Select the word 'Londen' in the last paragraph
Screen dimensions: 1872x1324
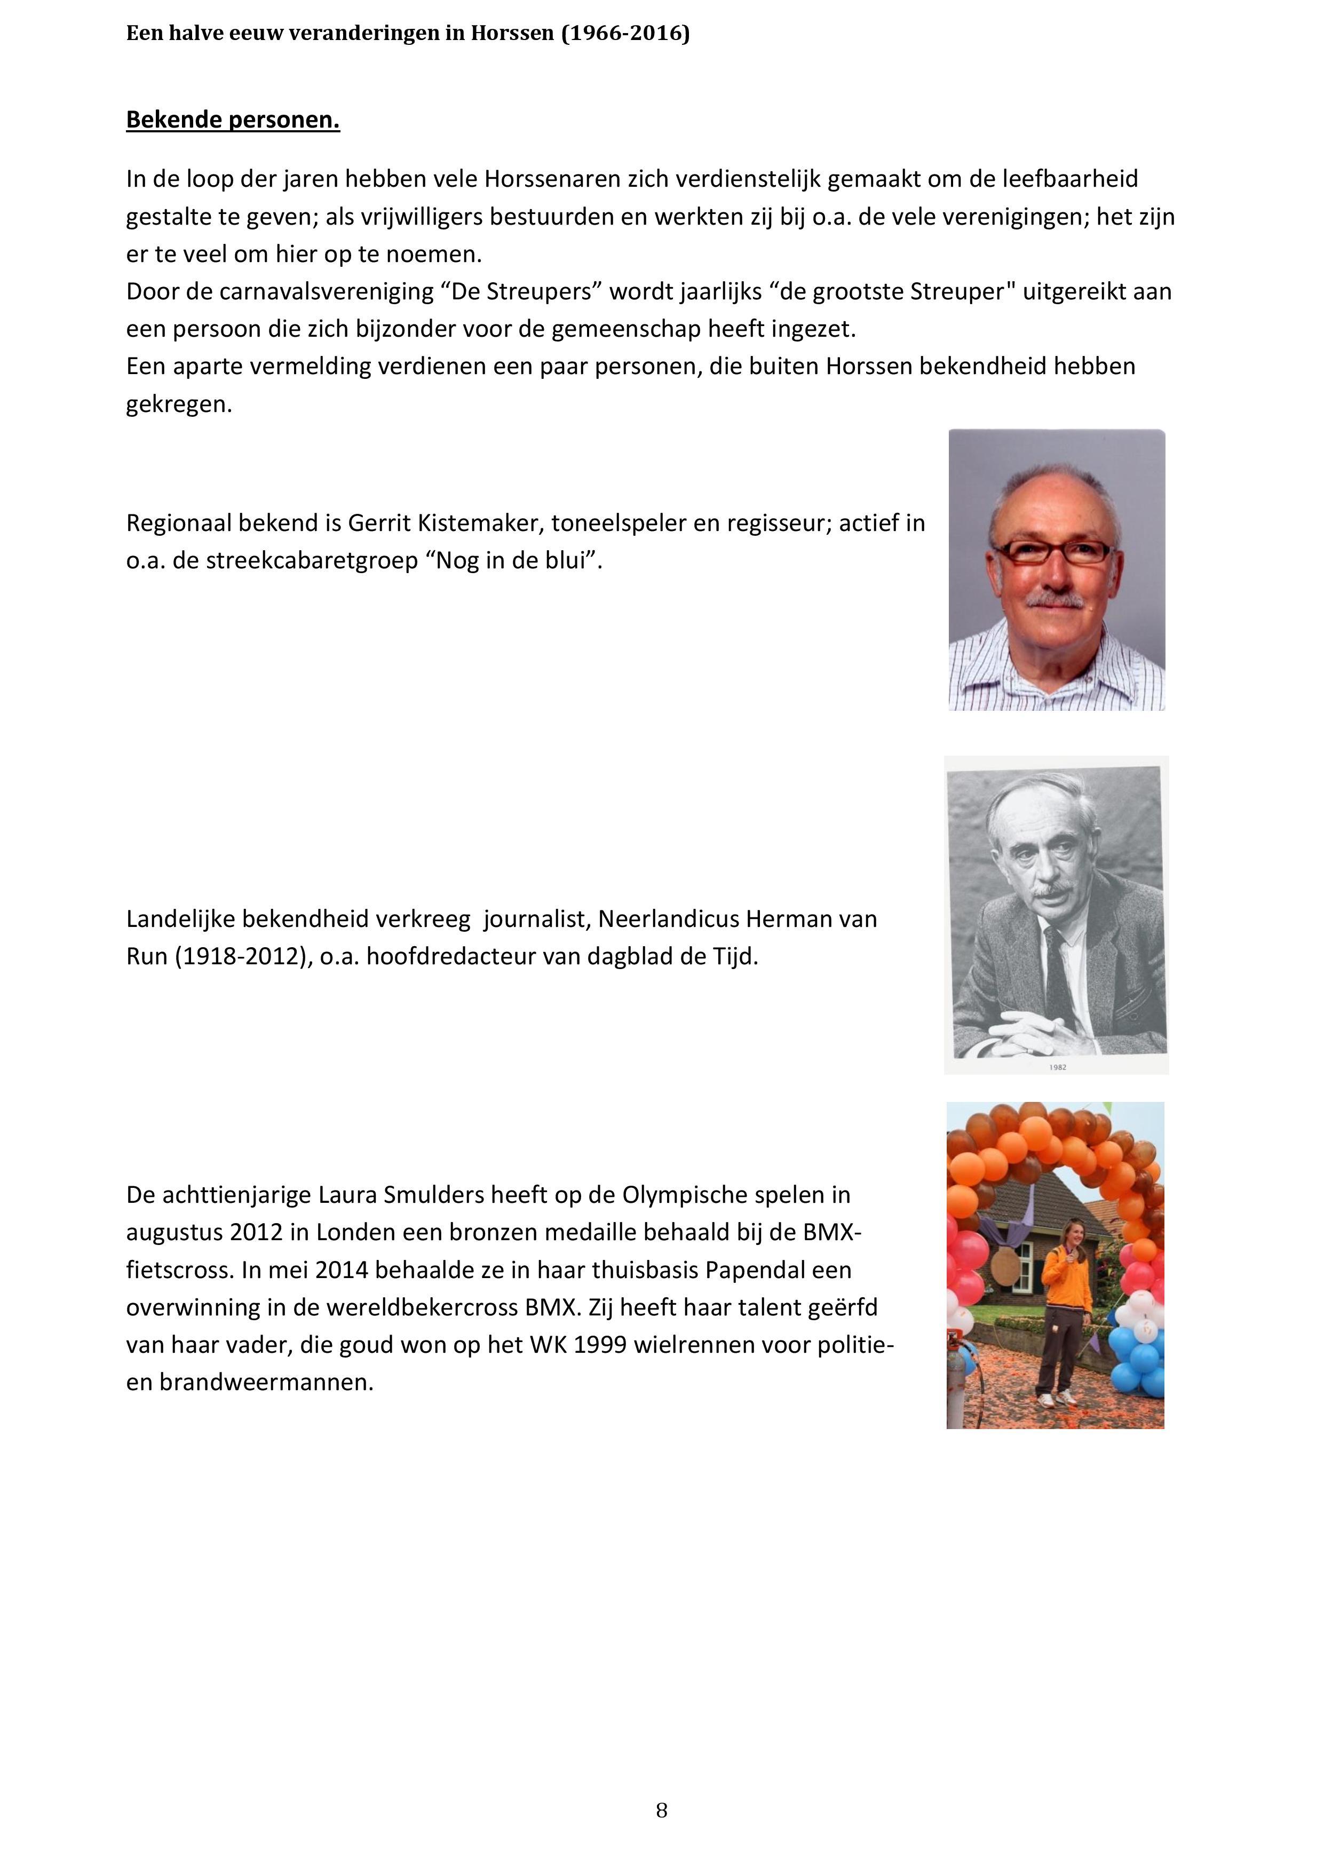click(x=355, y=1232)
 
